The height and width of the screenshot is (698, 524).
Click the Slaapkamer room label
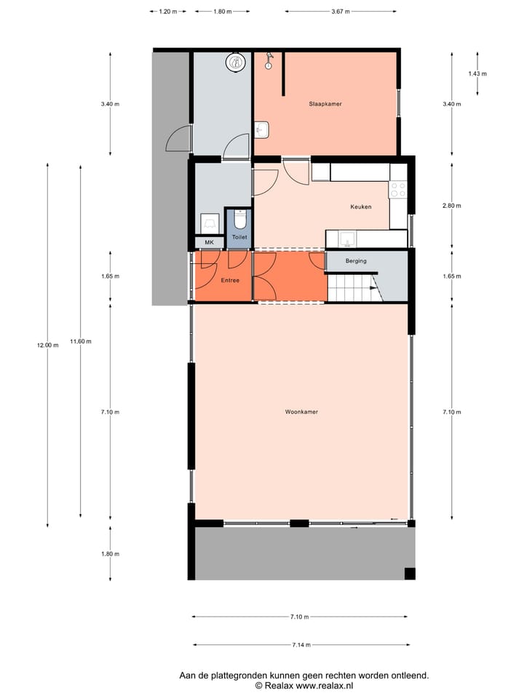click(325, 104)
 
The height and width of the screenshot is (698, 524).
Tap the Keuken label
click(360, 206)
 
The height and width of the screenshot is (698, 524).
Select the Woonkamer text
click(301, 412)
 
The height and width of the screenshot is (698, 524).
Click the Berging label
click(356, 260)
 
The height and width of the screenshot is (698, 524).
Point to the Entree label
click(230, 280)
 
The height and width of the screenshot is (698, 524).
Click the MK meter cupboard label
click(209, 242)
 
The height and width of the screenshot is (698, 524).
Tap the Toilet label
click(239, 237)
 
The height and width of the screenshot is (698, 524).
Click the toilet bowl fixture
click(240, 220)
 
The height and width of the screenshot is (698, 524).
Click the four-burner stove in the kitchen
click(398, 190)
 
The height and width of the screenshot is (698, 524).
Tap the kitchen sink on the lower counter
click(347, 238)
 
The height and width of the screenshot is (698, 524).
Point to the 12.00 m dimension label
click(47, 345)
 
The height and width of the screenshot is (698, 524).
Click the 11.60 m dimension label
click(80, 341)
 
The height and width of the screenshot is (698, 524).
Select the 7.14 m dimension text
click(301, 645)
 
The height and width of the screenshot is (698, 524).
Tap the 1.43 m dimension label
click(477, 73)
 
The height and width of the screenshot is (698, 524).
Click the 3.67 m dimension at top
click(340, 12)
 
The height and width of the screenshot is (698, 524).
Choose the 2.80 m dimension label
click(452, 206)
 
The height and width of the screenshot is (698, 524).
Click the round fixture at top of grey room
click(237, 62)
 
